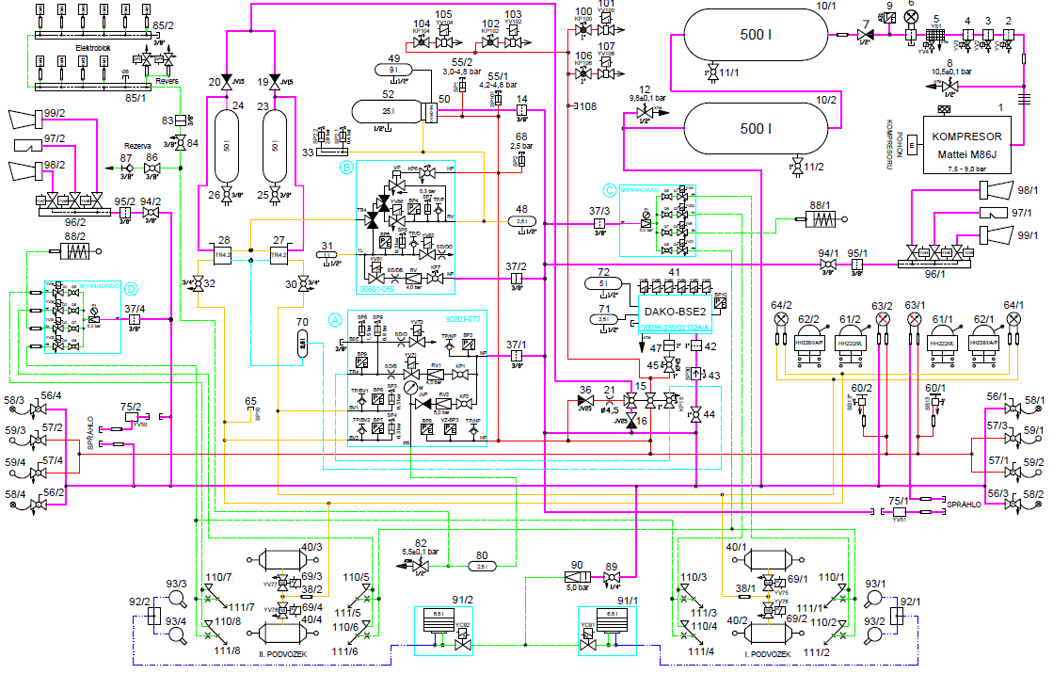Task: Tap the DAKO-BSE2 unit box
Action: [x=669, y=310]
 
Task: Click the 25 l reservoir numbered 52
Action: [x=388, y=111]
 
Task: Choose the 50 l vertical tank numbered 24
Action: [x=226, y=148]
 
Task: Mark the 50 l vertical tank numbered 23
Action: [x=274, y=148]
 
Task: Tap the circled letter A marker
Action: [x=333, y=318]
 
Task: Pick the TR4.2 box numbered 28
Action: [x=224, y=254]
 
